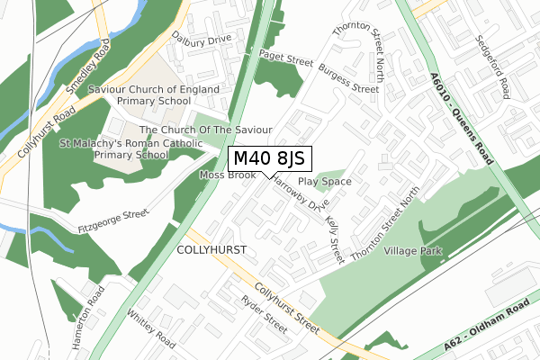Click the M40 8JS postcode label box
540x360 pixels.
269,158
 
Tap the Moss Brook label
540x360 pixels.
227,175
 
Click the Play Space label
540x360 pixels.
324,181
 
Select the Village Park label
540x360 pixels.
413,252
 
